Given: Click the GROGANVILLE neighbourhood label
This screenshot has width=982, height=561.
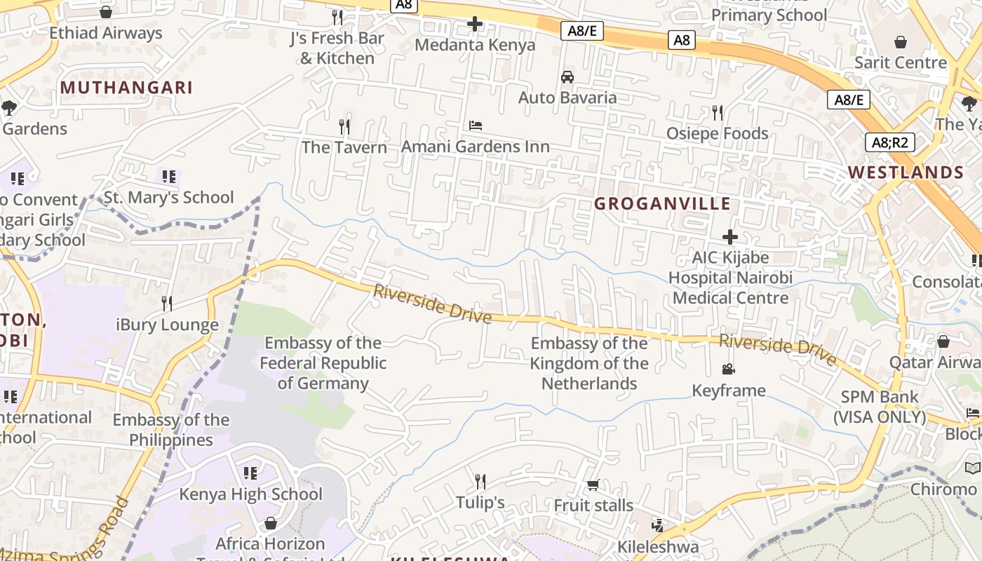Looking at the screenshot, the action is [x=662, y=204].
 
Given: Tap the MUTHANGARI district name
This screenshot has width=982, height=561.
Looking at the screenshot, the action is [x=126, y=88].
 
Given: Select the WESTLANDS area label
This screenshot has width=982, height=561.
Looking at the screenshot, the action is [x=906, y=173].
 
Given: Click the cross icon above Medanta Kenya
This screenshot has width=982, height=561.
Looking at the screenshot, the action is [x=475, y=24].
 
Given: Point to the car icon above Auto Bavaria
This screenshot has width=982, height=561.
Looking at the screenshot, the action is [x=567, y=77].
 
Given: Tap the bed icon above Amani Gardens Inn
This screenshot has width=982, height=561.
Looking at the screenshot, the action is [x=476, y=126].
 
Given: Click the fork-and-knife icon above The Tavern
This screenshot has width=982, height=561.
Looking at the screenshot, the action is [x=344, y=127].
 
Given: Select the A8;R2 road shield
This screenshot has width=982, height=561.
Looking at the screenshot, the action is [x=889, y=143].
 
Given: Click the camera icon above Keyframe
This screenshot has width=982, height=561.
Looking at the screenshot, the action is [x=729, y=370].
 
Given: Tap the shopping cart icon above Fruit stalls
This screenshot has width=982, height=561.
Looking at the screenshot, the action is [x=593, y=485].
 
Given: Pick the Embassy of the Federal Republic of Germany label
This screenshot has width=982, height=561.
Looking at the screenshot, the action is [x=323, y=363].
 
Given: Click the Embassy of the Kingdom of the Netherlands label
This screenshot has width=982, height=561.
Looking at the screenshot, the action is [x=589, y=363].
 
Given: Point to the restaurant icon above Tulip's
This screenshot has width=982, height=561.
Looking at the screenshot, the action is [x=480, y=482].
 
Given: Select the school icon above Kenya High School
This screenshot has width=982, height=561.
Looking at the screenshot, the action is [x=250, y=473].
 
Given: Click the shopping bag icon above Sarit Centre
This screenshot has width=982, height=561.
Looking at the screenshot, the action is [x=901, y=42].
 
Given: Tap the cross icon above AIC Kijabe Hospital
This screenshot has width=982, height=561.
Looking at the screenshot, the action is [x=730, y=237].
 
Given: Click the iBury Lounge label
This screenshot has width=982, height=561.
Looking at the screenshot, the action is [x=167, y=325].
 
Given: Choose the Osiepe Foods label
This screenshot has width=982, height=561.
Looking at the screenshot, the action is [x=717, y=133].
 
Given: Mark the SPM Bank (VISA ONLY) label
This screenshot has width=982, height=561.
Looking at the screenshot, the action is [x=880, y=407].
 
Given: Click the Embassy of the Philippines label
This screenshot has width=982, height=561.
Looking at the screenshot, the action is [x=171, y=430].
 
